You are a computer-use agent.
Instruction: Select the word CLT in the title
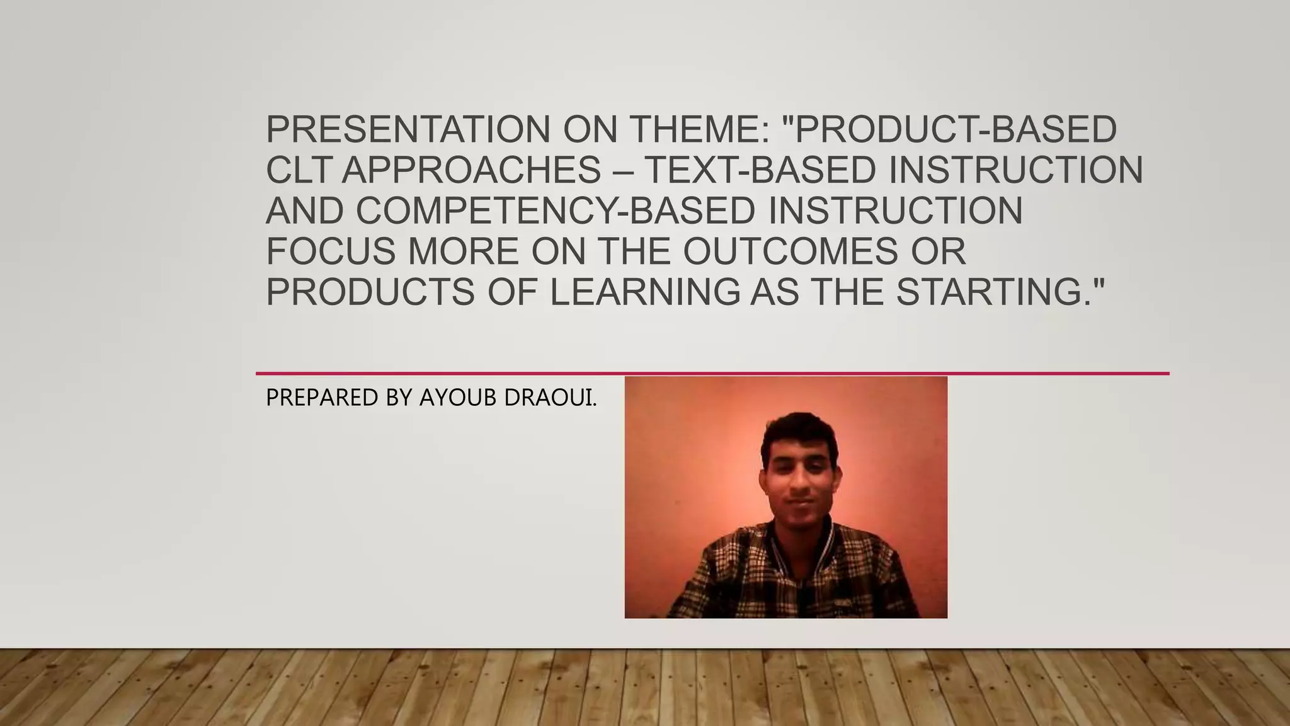(297, 170)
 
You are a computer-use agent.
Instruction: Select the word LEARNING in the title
(645, 292)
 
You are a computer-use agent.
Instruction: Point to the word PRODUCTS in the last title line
(370, 292)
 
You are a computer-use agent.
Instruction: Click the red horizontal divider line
(712, 373)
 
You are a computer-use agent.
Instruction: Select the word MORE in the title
(463, 251)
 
